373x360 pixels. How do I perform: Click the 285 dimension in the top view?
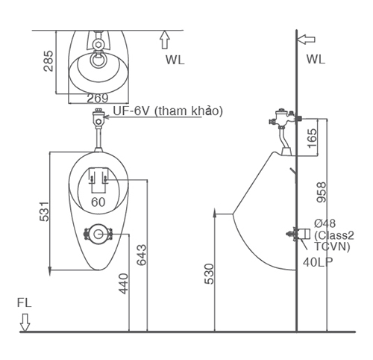48,61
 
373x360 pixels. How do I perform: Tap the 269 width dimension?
98,98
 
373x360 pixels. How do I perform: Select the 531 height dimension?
44,211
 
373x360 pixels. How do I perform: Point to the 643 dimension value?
142,255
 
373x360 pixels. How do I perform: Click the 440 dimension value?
123,284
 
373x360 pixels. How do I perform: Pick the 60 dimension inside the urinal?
98,202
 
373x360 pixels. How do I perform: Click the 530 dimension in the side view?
209,274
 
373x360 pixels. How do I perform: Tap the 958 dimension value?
321,192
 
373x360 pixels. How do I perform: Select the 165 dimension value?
313,138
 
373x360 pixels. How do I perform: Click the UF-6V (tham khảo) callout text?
168,111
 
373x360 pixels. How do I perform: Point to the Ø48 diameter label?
325,223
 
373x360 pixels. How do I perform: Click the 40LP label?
318,261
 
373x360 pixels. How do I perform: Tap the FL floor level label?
24,302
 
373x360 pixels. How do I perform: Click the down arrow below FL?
25,323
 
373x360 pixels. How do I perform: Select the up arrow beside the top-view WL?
165,40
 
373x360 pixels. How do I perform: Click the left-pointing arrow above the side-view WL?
306,40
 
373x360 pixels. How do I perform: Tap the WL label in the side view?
316,59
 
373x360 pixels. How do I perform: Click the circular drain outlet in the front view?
98,234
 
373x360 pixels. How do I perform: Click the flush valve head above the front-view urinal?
98,118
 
